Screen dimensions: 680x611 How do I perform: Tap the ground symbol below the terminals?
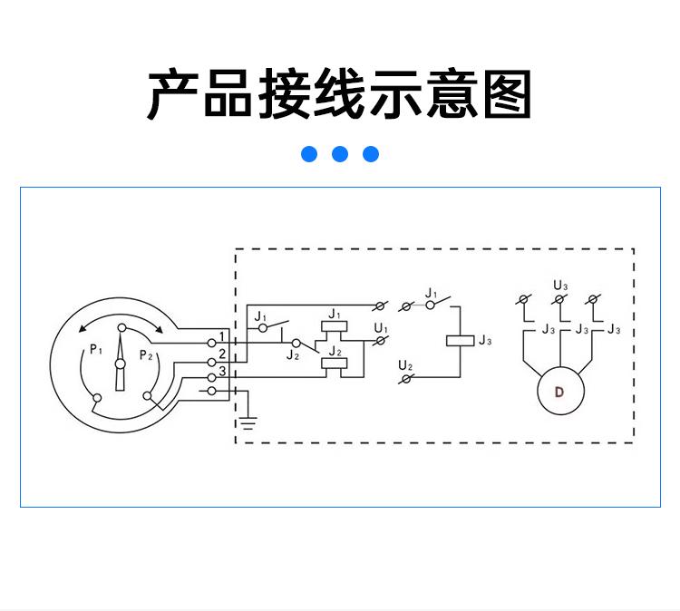click(x=248, y=422)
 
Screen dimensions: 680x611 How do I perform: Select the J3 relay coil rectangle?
click(x=460, y=341)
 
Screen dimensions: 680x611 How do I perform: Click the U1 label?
click(x=381, y=328)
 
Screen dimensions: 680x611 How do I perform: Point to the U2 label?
click(x=405, y=366)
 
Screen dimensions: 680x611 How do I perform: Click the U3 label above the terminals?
click(x=560, y=286)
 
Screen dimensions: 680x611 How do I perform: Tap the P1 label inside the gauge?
click(x=96, y=350)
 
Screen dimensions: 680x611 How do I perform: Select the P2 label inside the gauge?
click(x=146, y=355)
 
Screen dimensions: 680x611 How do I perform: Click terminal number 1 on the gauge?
click(x=222, y=336)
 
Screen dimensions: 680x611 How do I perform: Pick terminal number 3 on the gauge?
click(x=222, y=371)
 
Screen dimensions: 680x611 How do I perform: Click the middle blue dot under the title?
click(x=340, y=154)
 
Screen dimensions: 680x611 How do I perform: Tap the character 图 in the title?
click(x=507, y=94)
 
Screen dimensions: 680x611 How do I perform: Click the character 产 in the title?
click(x=173, y=94)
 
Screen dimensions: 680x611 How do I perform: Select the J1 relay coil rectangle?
click(x=334, y=326)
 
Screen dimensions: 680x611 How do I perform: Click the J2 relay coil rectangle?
click(x=334, y=364)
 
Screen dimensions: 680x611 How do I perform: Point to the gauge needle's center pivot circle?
click(x=120, y=364)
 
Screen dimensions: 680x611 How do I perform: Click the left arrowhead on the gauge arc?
click(x=83, y=329)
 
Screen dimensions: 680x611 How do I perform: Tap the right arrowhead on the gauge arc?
click(x=160, y=329)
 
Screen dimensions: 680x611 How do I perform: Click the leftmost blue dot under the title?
click(x=309, y=154)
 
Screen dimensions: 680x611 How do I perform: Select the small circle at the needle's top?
click(x=122, y=328)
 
